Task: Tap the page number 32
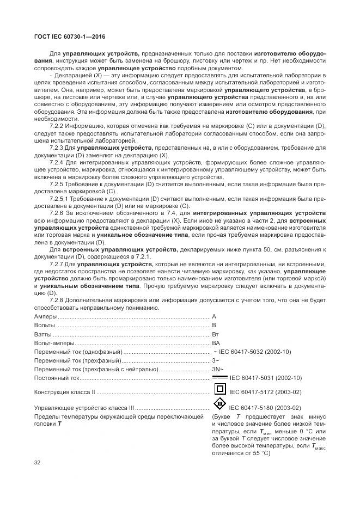tap(38, 462)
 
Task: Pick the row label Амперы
tap(46, 316)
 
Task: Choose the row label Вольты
tap(45, 325)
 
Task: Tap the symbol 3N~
tap(217, 369)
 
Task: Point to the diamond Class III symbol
tap(219, 404)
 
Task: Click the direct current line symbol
tap(219, 377)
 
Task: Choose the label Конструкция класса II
tap(65, 391)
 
